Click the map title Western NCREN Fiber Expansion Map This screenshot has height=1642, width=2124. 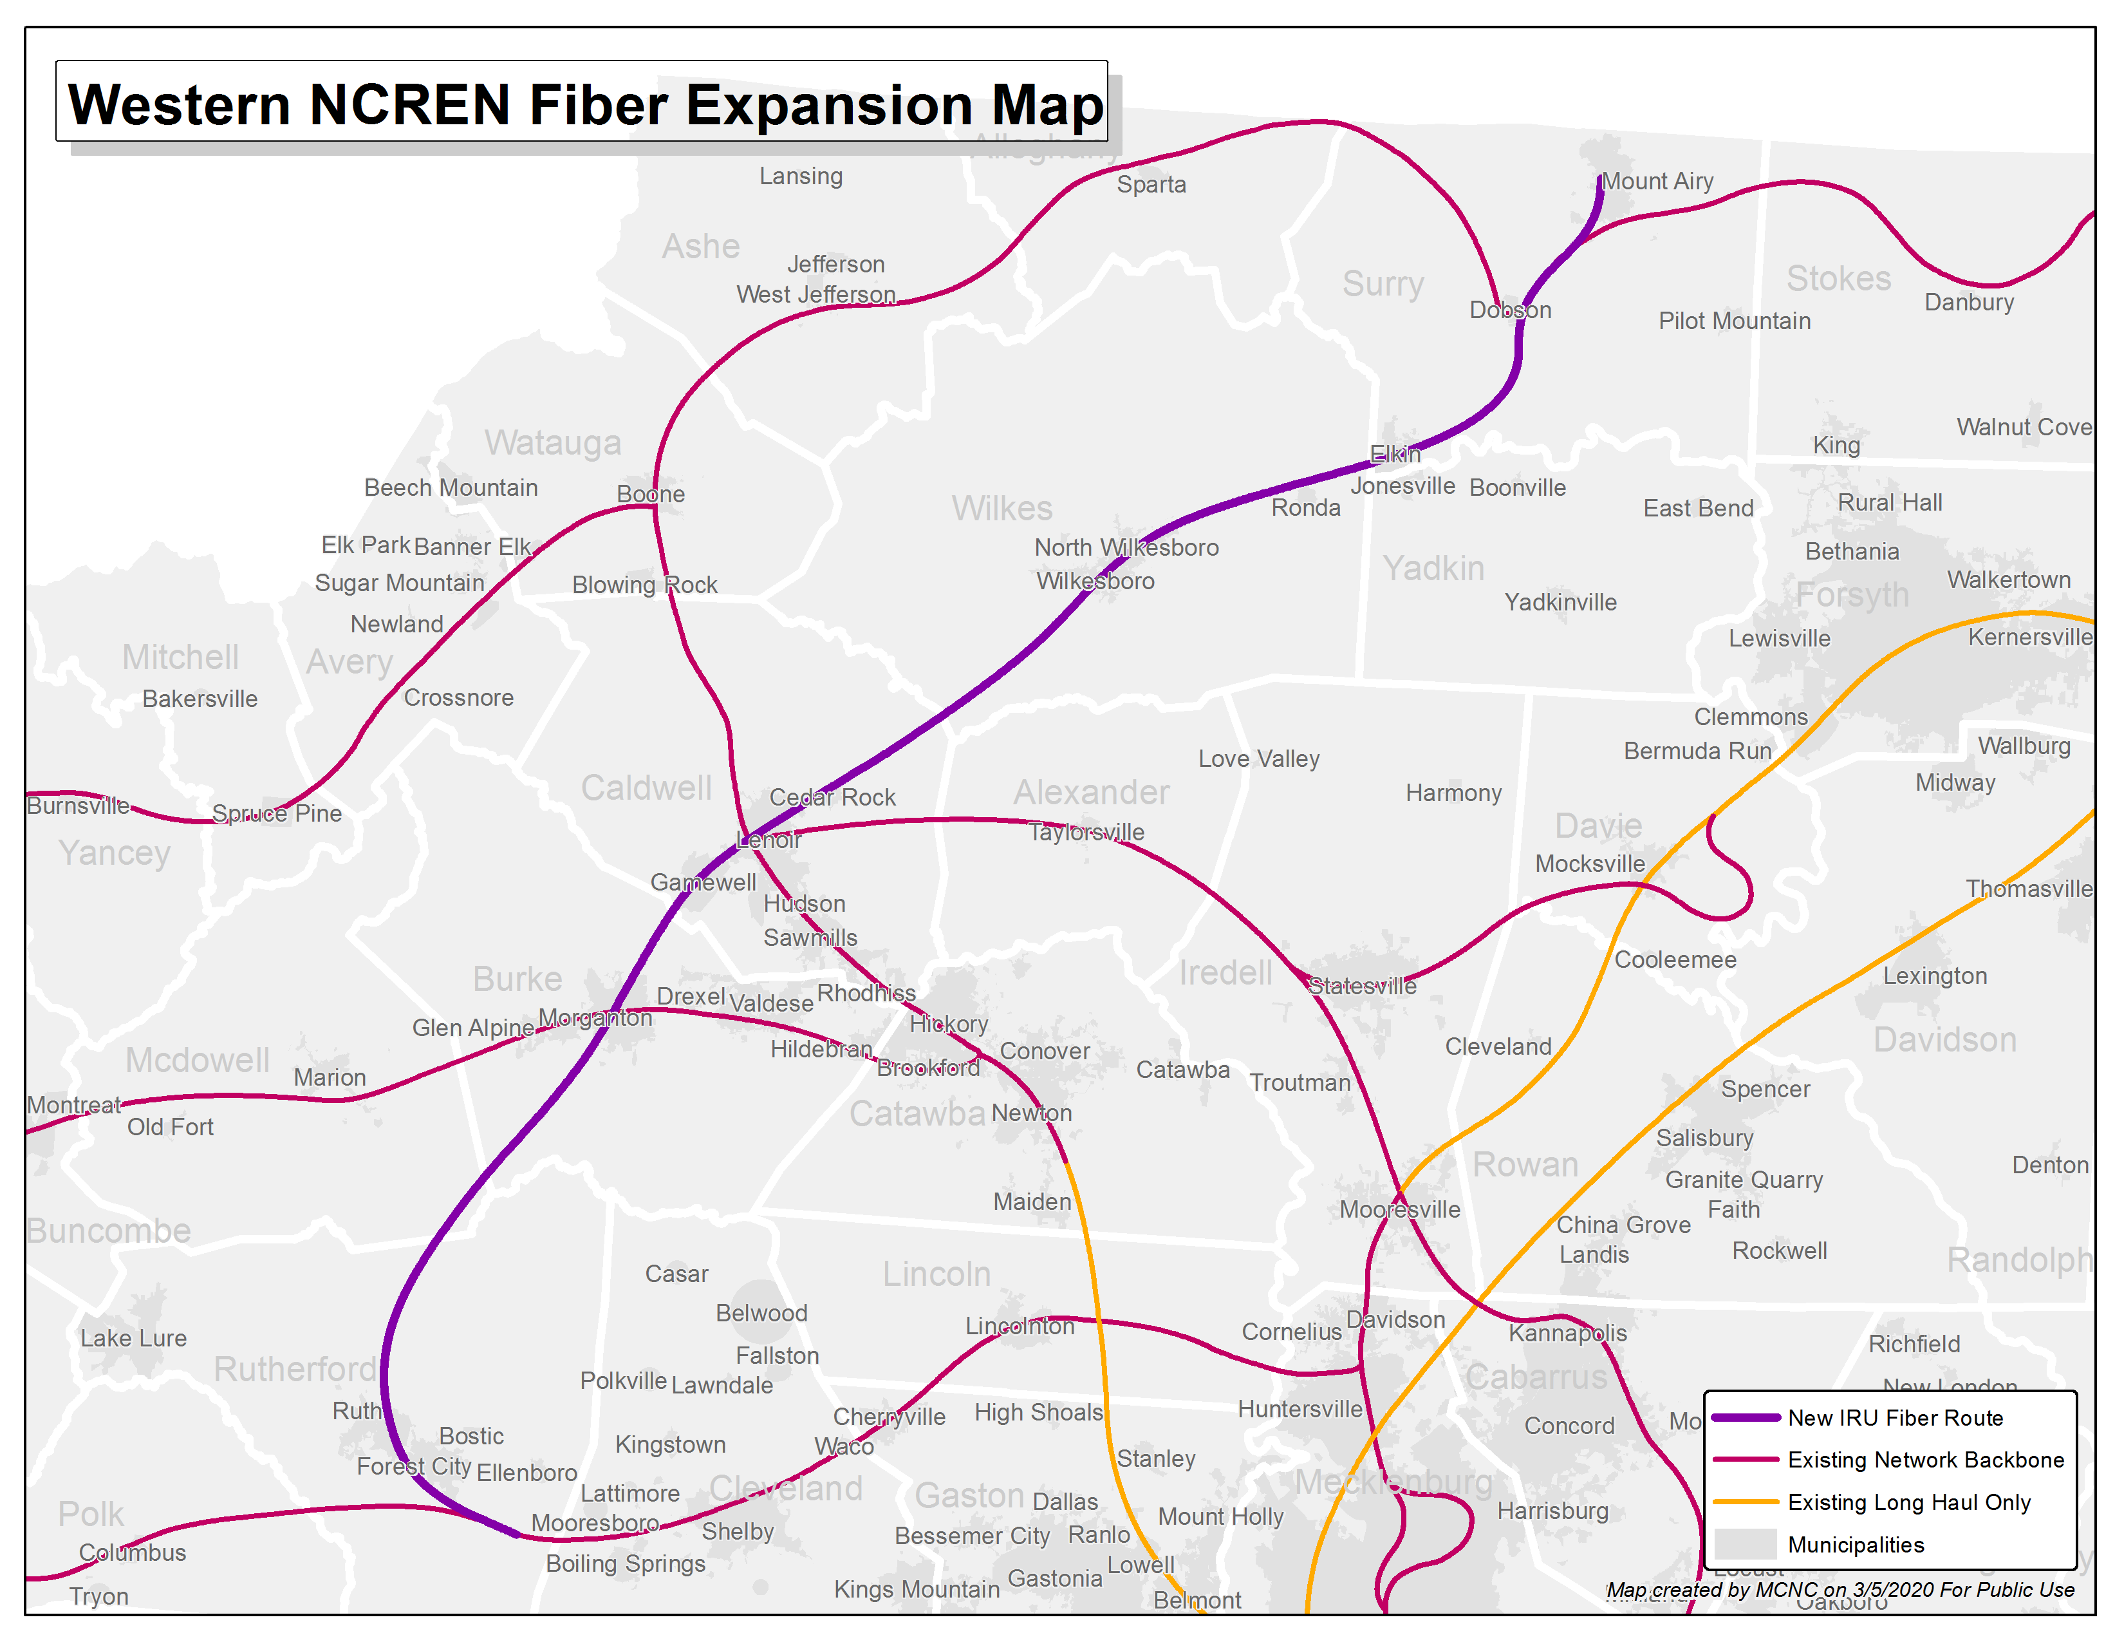(584, 104)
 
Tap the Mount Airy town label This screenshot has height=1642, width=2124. (1657, 182)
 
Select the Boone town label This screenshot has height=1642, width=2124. (651, 494)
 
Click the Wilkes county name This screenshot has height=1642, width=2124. (1001, 509)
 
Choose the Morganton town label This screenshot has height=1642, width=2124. (595, 1017)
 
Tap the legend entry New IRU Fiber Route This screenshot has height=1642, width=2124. (1894, 1417)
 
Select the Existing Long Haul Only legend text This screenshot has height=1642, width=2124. (1908, 1502)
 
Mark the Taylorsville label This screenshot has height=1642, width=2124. (1086, 832)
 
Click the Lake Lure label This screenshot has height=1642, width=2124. (133, 1337)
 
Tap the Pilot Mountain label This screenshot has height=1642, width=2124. (1734, 321)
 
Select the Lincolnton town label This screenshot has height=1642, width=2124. (1020, 1326)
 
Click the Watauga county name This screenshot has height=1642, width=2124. (552, 442)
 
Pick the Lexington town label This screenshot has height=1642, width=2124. (1934, 976)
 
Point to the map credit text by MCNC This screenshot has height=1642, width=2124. (1839, 1589)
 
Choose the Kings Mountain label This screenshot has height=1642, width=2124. (916, 1589)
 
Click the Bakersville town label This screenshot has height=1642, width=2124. (200, 699)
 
